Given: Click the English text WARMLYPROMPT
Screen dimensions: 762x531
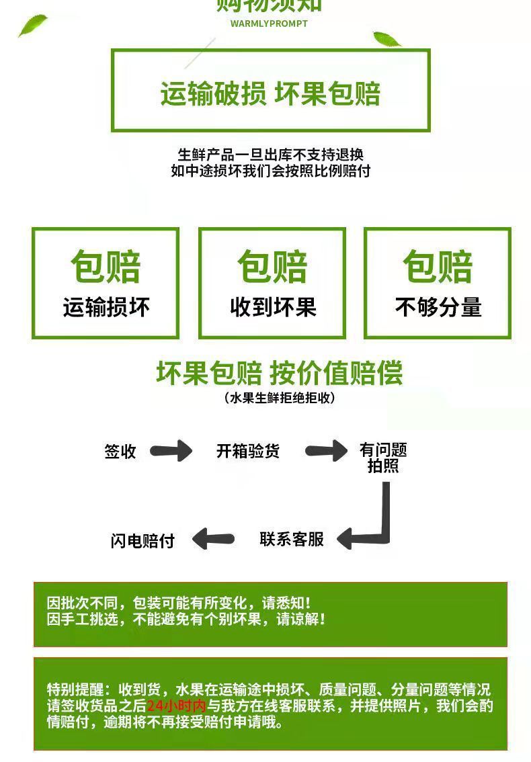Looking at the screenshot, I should [269, 24].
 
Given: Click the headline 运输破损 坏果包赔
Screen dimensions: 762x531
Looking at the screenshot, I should [270, 94].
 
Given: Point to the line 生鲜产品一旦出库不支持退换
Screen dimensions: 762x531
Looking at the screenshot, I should [270, 155].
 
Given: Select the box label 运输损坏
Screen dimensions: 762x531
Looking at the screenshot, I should [106, 307].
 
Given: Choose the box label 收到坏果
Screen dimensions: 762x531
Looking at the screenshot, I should [273, 307].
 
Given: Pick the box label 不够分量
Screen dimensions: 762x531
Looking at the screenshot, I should [438, 307].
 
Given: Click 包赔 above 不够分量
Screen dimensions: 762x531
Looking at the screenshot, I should [438, 267].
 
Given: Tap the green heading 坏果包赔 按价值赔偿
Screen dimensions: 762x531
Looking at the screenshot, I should [279, 372].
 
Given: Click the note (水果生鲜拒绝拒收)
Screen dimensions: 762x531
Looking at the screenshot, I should [279, 398].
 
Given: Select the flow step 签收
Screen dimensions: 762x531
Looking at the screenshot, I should [120, 452].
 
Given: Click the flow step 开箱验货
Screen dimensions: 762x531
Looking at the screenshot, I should [248, 451].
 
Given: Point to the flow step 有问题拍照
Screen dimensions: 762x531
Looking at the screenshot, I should [383, 458].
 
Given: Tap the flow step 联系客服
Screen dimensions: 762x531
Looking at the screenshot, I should [292, 539].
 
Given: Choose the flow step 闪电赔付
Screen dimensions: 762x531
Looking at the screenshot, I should [142, 541].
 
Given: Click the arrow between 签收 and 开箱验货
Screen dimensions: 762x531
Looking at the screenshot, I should [171, 451].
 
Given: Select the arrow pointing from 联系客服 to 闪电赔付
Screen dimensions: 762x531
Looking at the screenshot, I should [213, 539].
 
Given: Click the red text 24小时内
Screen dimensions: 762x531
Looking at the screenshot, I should [176, 706].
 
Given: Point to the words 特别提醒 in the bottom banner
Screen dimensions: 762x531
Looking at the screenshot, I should [76, 689].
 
